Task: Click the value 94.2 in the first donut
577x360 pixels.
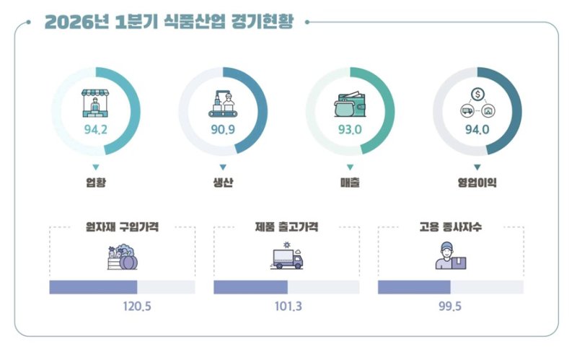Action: pyautogui.click(x=95, y=130)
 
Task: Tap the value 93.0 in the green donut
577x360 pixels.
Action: pyautogui.click(x=350, y=130)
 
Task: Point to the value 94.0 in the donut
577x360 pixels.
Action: pyautogui.click(x=477, y=130)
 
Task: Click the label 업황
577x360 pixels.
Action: pyautogui.click(x=95, y=183)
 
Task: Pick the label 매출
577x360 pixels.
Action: pyautogui.click(x=350, y=183)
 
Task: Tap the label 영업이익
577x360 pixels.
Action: pyautogui.click(x=477, y=183)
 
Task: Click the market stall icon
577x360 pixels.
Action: pyautogui.click(x=95, y=102)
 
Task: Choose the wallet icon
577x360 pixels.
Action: pyautogui.click(x=350, y=105)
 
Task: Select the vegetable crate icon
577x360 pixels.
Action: pyautogui.click(x=121, y=258)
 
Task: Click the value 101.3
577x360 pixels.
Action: pyautogui.click(x=288, y=306)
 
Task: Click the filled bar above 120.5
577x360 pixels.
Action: pyautogui.click(x=93, y=286)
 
